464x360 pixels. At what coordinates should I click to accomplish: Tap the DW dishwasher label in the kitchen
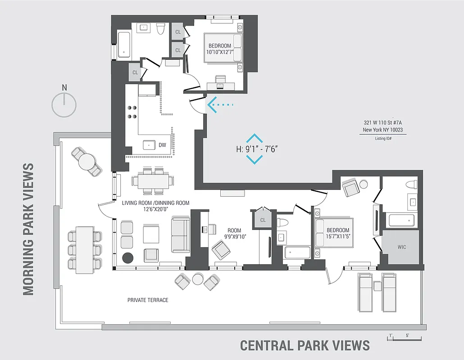pos(163,145)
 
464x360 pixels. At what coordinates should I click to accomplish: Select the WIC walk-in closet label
pos(401,247)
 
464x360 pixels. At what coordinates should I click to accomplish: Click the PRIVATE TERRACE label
pos(148,300)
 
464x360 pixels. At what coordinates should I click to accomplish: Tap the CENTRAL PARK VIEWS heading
pos(305,345)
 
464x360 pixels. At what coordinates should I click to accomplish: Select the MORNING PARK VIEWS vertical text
pos(28,229)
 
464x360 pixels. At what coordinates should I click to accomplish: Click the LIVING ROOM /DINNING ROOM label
pos(155,206)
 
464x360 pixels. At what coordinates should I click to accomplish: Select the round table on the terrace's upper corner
pos(87,161)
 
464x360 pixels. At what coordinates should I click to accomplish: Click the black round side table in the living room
pos(128,258)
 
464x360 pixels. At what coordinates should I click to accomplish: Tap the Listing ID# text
pos(383,139)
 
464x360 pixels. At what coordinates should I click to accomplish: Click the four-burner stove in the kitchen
pos(132,112)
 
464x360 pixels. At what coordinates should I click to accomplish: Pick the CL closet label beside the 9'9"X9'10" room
pos(263,220)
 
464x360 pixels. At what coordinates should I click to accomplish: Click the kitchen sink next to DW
pos(149,145)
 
